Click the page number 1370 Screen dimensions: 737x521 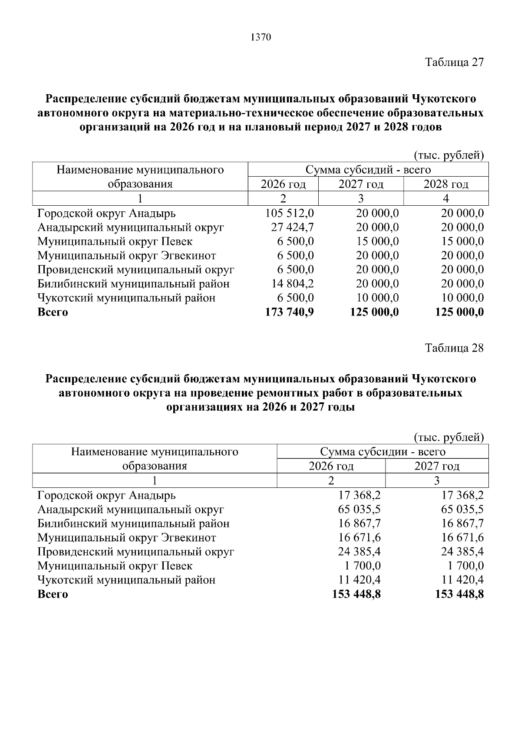tap(260, 38)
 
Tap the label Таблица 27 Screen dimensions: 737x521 tap(454, 62)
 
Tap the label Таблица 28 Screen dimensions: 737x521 tap(454, 348)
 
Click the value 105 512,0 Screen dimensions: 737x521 tap(289, 214)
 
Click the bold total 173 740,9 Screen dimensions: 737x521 tap(289, 312)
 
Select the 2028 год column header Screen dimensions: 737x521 tap(446, 184)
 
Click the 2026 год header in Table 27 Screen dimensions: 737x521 tap(283, 184)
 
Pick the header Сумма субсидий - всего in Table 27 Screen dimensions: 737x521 tap(368, 170)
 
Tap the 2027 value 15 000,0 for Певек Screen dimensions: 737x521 tap(377, 242)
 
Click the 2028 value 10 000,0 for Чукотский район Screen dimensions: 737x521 tap(462, 298)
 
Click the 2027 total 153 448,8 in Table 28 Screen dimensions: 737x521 tap(459, 594)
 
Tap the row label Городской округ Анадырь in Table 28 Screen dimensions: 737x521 tap(106, 495)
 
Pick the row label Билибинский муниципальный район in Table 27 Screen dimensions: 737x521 tap(133, 284)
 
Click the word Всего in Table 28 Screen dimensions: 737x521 tap(53, 594)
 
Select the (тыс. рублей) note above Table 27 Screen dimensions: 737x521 tap(448, 155)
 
